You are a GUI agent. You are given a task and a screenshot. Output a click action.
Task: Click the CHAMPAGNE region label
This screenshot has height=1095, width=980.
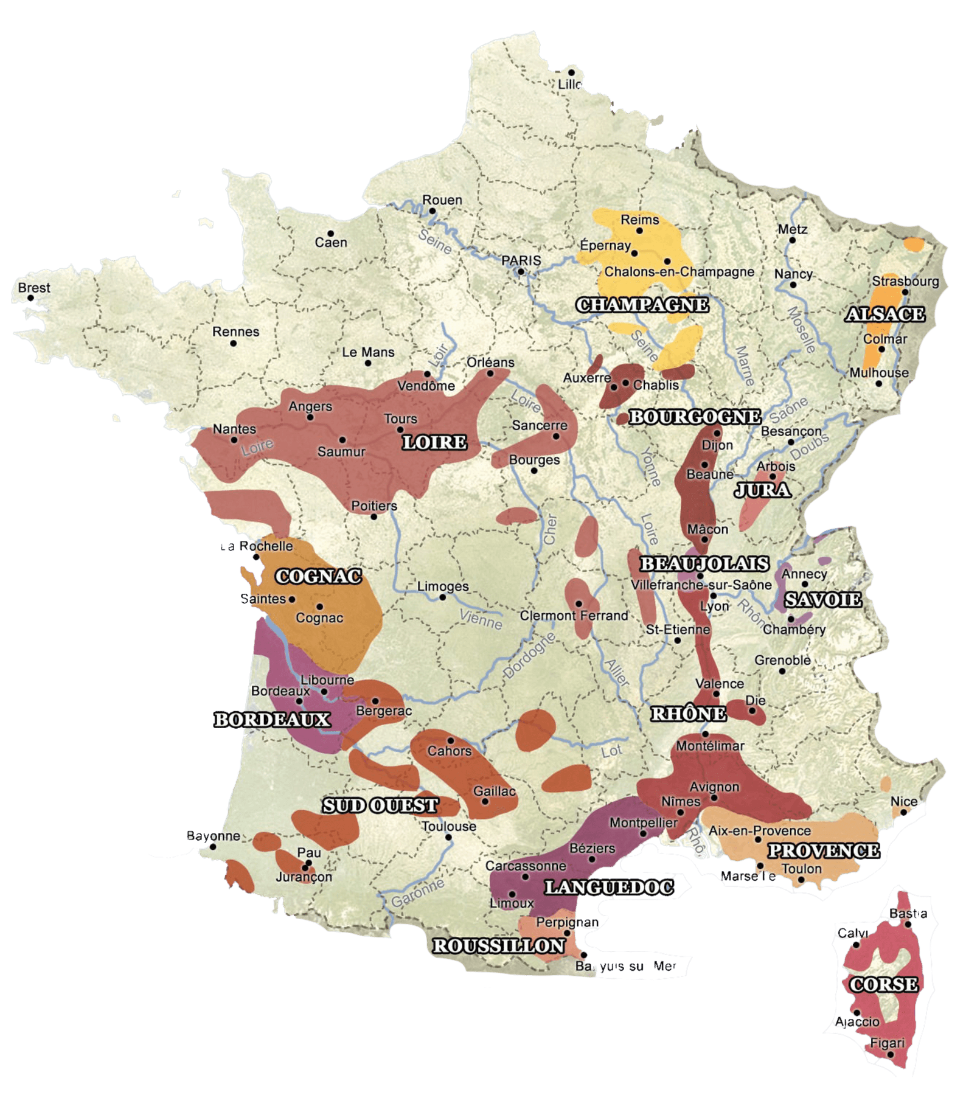tap(642, 305)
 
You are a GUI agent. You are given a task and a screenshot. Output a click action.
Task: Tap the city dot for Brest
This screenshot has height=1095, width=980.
tap(30, 298)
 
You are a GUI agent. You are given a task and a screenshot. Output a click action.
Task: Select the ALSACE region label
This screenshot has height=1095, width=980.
tap(885, 314)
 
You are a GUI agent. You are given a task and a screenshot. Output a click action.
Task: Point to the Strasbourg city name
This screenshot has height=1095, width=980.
tap(905, 281)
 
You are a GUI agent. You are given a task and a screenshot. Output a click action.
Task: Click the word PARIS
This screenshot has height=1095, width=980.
tap(521, 260)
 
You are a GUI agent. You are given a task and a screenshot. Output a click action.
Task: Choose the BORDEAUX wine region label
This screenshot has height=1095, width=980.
tap(272, 720)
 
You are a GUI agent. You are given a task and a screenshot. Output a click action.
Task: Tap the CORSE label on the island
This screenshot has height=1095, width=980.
tap(883, 984)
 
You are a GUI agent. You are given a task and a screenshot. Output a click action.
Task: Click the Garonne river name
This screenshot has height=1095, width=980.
tap(417, 892)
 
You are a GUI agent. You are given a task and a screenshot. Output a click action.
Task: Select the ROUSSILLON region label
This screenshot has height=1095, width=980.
tap(499, 946)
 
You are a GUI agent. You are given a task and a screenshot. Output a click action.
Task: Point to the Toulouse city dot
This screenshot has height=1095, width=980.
tap(448, 837)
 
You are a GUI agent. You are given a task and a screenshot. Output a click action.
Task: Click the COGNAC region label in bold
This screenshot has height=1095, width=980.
tap(318, 576)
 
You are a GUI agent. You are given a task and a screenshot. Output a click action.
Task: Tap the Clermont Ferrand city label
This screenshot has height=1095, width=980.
tap(574, 616)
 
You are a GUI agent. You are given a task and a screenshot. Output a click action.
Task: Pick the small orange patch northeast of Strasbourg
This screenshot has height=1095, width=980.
tap(913, 244)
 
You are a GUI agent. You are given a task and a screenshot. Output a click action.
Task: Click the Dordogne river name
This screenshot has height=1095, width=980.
tap(529, 655)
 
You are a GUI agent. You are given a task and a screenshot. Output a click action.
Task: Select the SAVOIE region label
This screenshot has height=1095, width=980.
tap(822, 600)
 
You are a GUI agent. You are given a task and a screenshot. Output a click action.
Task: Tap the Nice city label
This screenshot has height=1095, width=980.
tap(904, 801)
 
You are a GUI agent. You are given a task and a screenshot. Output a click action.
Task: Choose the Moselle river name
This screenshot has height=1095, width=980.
tap(802, 330)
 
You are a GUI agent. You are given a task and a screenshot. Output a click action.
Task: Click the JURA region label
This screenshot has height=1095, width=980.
tap(763, 490)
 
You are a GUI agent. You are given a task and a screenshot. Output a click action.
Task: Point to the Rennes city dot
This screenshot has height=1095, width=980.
tap(233, 343)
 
